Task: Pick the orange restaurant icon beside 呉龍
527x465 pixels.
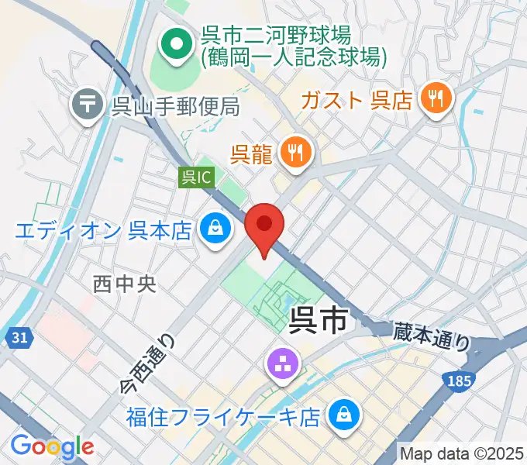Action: click(294, 153)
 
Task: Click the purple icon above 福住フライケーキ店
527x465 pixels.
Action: click(280, 363)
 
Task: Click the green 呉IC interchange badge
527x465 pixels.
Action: click(196, 177)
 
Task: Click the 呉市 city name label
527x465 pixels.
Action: click(318, 320)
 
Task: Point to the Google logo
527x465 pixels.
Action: click(52, 446)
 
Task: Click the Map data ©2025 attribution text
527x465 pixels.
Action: click(462, 453)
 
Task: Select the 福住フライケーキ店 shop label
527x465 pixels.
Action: click(224, 418)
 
